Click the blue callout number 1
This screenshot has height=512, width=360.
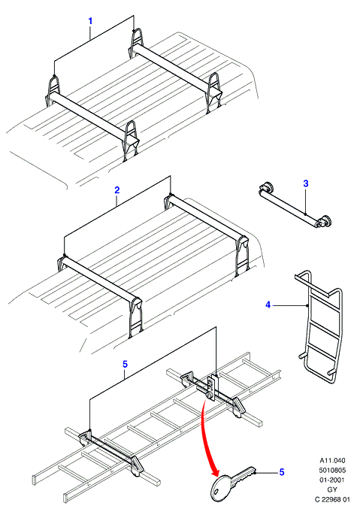pos(90,21)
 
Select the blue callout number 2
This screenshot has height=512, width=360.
pos(117,190)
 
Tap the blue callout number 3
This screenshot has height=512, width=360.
pos(305,183)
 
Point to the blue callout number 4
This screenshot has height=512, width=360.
pos(268,305)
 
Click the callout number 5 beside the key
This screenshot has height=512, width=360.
pos(282,472)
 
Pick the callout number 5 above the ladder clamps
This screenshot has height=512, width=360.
pos(126,364)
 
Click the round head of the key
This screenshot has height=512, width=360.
pos(221,486)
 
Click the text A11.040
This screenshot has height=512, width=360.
pos(332,460)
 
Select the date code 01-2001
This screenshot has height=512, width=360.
pos(332,480)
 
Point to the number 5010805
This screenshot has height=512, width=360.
pos(332,470)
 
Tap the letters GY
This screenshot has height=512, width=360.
pos(332,489)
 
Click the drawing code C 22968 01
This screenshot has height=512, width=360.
pos(332,499)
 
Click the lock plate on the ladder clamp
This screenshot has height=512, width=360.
pos(212,387)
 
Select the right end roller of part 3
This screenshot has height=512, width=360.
pos(324,222)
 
